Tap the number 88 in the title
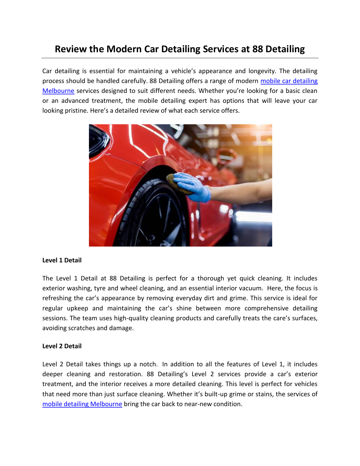258,49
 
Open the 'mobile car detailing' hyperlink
289,81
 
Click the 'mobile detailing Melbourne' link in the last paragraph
82,404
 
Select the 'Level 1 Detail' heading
62,260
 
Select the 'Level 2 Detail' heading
62,346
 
